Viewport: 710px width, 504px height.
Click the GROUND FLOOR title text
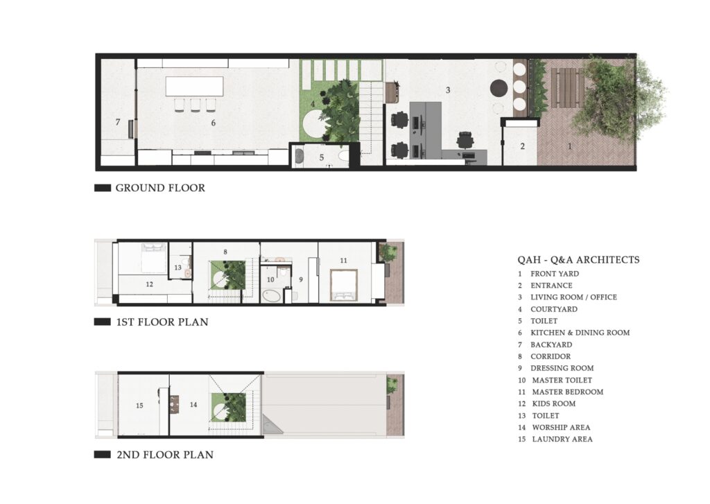[160, 188]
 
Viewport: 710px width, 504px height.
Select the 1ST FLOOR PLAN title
[162, 322]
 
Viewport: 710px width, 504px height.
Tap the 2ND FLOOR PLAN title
[165, 455]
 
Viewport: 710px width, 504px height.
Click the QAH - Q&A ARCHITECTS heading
[579, 260]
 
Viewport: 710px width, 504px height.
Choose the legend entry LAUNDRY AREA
[562, 439]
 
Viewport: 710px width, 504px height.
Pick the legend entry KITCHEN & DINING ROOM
[580, 332]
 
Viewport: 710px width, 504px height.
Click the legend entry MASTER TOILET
[562, 380]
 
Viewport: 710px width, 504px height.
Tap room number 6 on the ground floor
[214, 123]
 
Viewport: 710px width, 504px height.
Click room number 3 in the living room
[448, 90]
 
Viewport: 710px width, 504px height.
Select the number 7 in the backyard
[118, 122]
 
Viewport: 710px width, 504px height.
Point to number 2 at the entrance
[523, 146]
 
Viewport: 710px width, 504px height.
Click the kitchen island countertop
[195, 86]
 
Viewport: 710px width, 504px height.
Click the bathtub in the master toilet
[272, 296]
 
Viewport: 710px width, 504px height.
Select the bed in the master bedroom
[344, 285]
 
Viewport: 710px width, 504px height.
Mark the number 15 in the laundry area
[139, 406]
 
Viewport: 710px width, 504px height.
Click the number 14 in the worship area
[193, 404]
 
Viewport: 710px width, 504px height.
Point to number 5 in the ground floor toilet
[322, 157]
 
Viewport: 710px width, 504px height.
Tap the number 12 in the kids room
[150, 284]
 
